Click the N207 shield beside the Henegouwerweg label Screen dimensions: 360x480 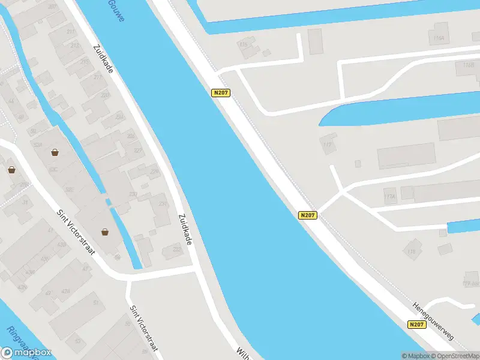point(416,325)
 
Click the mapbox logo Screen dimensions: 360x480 point(26,353)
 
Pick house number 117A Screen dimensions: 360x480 point(390,196)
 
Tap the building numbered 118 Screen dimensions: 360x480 point(412,251)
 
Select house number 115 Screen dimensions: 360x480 point(243,44)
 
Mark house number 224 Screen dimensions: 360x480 point(138,150)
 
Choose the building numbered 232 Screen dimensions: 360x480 point(177,249)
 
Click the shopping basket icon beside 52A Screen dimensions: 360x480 point(55,152)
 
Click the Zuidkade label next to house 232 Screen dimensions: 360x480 point(186,229)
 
